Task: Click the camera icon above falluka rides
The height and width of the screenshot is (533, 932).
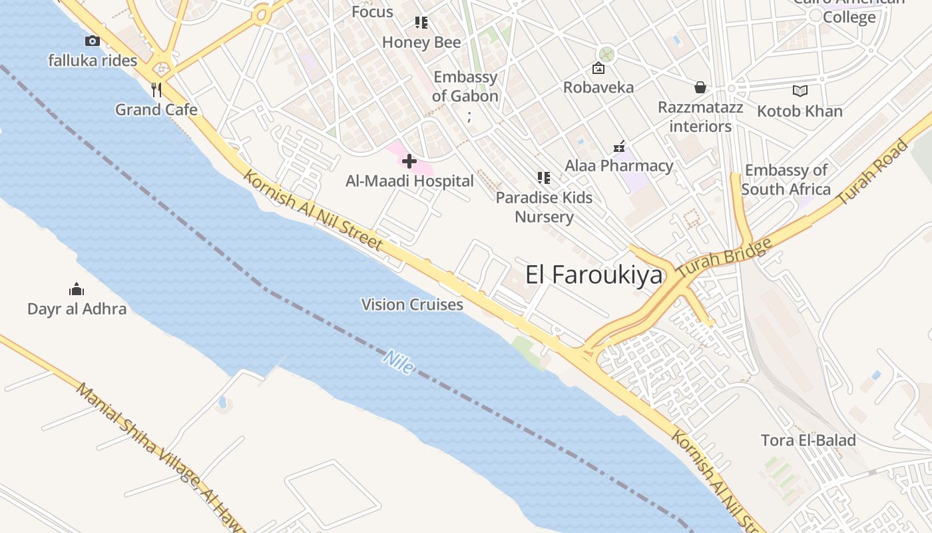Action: [93, 41]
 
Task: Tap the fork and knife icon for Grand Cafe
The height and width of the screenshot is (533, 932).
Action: [156, 90]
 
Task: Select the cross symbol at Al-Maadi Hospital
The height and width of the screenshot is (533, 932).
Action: [409, 161]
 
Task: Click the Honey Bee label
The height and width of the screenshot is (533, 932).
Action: [421, 43]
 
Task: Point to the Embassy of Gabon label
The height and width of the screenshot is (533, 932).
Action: [465, 87]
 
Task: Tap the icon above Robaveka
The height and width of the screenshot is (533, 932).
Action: [598, 68]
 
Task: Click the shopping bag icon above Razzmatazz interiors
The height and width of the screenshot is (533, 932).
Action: [700, 87]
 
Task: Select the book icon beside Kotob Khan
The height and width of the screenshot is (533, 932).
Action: [800, 91]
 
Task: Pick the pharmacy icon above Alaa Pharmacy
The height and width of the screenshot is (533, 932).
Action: [619, 147]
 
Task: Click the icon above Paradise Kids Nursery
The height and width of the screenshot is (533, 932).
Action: [544, 178]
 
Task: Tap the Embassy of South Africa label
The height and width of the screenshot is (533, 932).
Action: [786, 180]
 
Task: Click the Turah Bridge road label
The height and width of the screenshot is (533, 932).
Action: [724, 259]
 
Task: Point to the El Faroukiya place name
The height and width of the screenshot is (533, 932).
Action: [594, 274]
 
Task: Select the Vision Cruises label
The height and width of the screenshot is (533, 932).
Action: [412, 304]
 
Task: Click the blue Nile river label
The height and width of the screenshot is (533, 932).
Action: [398, 362]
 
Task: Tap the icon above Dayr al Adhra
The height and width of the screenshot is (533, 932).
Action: [77, 289]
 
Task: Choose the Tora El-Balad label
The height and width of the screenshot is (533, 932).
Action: [808, 440]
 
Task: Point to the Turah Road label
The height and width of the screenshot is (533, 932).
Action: [872, 173]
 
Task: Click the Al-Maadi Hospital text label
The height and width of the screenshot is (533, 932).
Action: [409, 181]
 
